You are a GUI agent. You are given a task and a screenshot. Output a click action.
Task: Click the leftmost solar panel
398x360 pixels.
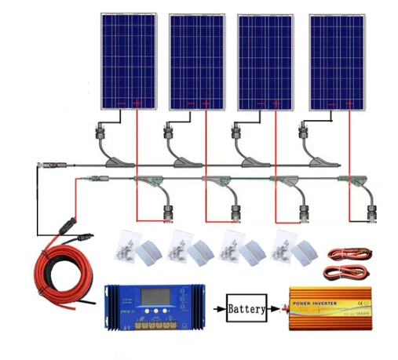point(128,61)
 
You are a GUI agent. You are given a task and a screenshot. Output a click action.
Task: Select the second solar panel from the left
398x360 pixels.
point(196,61)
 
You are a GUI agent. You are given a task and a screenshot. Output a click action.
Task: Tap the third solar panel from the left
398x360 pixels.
point(265,61)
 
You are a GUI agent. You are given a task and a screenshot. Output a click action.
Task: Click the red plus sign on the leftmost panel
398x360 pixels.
point(137,104)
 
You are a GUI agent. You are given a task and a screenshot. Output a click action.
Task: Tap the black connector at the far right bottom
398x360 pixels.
point(371,212)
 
